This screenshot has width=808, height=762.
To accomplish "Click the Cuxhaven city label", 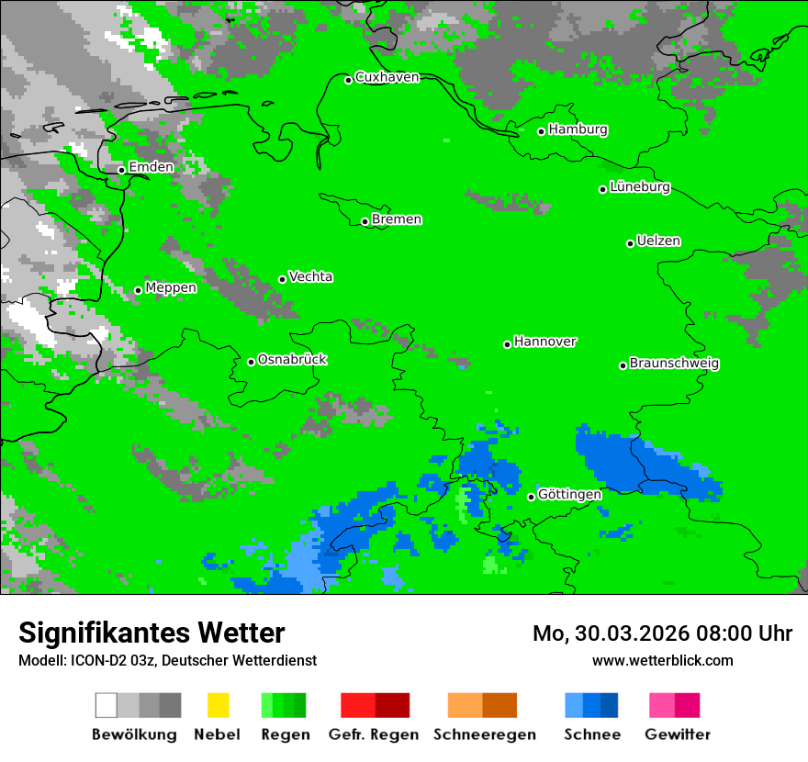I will [x=387, y=77].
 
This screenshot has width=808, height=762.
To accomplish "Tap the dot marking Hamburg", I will [x=542, y=131].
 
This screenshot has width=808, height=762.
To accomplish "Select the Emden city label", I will [x=151, y=167].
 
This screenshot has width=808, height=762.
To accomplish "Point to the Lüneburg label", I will [x=640, y=187].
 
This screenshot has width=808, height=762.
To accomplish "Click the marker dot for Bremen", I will [x=365, y=221].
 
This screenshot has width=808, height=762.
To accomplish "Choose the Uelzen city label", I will [x=658, y=241].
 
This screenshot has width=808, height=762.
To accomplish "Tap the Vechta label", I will [x=310, y=277].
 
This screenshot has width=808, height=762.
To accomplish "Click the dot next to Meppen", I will [x=138, y=290].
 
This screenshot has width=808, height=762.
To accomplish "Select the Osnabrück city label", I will [x=292, y=360].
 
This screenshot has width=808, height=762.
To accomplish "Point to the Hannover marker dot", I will [x=507, y=344].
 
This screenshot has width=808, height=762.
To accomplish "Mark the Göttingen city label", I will [x=569, y=495].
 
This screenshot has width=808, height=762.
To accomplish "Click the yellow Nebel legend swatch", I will [x=218, y=705].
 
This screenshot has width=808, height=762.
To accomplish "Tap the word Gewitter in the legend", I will [x=678, y=734].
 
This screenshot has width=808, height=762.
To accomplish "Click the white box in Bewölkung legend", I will [x=107, y=705].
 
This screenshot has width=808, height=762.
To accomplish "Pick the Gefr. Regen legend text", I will [x=374, y=734].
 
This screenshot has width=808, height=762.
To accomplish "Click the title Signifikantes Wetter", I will [x=151, y=633].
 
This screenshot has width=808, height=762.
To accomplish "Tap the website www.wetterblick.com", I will [x=663, y=660].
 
